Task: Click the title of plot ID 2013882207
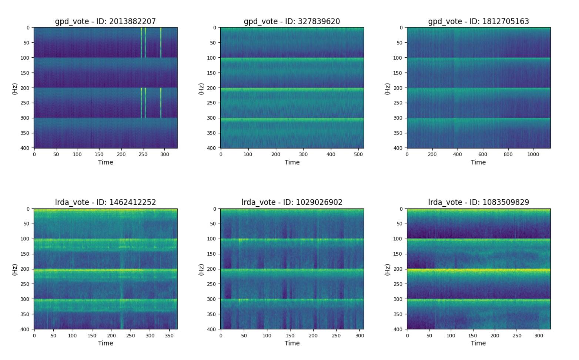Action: pyautogui.click(x=106, y=21)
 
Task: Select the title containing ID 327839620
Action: pyautogui.click(x=292, y=21)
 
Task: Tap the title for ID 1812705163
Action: pyautogui.click(x=478, y=21)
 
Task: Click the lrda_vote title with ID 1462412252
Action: pyautogui.click(x=106, y=202)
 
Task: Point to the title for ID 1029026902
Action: pyautogui.click(x=292, y=202)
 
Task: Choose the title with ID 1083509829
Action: pyautogui.click(x=478, y=202)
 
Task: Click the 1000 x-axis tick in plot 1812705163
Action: pyautogui.click(x=533, y=154)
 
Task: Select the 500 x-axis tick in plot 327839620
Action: pyautogui.click(x=358, y=154)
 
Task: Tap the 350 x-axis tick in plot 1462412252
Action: pyautogui.click(x=169, y=336)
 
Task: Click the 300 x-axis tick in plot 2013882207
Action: pyautogui.click(x=164, y=154)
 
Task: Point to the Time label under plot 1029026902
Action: pyautogui.click(x=292, y=343)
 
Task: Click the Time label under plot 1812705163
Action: pyautogui.click(x=478, y=162)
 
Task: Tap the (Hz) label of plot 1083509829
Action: pyautogui.click(x=387, y=269)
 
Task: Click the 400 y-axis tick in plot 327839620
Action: pyautogui.click(x=214, y=148)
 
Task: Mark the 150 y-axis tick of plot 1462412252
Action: pyautogui.click(x=26, y=254)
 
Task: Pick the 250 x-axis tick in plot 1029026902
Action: pyautogui.click(x=336, y=336)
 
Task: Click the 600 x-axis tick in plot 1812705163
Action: pyautogui.click(x=483, y=154)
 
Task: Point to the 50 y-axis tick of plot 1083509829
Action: pyautogui.click(x=400, y=224)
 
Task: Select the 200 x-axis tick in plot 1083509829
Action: pyautogui.click(x=495, y=336)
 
